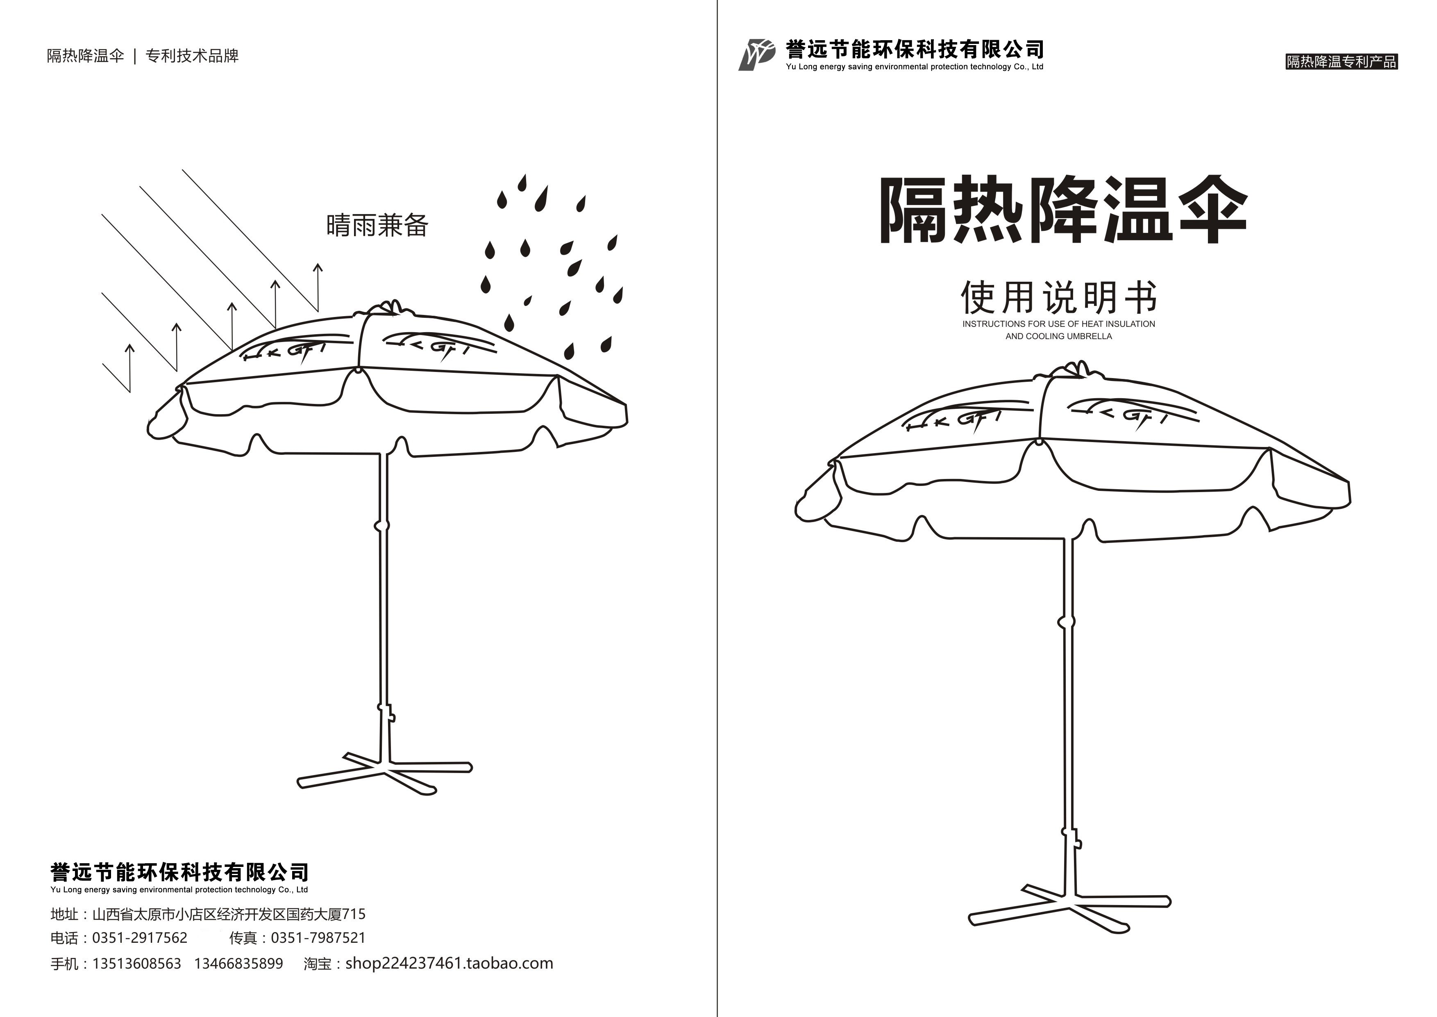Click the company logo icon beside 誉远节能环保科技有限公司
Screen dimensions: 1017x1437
tap(756, 55)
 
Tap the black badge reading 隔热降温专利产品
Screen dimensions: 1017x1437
tap(1341, 62)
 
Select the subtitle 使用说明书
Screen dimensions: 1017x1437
tap(1058, 298)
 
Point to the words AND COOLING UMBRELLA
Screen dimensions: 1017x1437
tap(1058, 336)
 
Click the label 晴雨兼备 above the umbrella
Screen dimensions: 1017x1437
tap(377, 226)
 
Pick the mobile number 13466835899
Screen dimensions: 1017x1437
tap(238, 963)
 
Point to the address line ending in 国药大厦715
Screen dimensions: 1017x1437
tap(229, 914)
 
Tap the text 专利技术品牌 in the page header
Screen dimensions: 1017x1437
tap(192, 56)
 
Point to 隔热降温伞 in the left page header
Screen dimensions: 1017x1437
tap(86, 56)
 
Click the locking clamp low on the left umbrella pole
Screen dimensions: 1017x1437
tap(386, 712)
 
